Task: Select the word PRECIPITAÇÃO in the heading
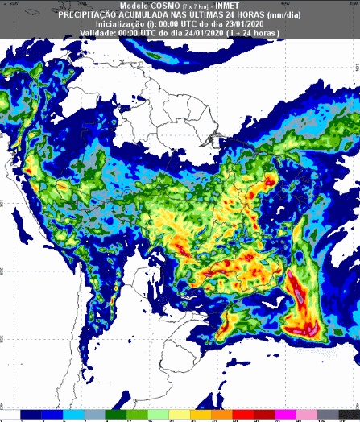[102, 14]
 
